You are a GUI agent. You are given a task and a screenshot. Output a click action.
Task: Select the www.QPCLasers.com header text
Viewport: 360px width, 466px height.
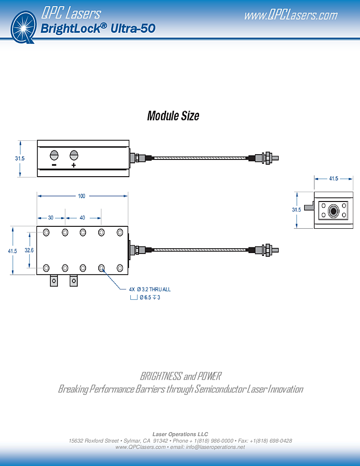290,15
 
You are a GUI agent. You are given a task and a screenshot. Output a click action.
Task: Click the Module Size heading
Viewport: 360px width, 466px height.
173,116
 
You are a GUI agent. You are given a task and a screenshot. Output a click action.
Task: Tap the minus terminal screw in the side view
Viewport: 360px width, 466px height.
54,155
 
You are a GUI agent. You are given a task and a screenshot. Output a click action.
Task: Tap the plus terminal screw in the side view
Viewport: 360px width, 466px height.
74,155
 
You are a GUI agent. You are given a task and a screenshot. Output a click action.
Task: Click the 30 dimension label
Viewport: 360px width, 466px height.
51,218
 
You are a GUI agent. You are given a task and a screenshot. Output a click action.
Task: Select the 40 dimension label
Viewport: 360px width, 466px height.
82,218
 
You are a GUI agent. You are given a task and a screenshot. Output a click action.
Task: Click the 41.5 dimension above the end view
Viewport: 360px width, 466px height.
334,179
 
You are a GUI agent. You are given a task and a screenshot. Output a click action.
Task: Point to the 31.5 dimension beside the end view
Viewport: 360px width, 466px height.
296,210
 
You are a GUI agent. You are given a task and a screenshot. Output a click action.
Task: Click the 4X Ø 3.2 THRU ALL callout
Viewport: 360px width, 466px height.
149,289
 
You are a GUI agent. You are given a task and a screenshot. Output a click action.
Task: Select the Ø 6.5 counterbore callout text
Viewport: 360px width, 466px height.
150,297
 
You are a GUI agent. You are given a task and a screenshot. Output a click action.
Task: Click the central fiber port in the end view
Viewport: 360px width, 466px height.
333,210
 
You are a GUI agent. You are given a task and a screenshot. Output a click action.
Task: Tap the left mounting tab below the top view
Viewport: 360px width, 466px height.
54,281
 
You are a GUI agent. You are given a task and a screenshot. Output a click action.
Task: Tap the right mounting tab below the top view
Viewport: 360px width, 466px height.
74,281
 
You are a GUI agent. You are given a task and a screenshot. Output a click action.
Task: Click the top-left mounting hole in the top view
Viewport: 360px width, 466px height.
46,233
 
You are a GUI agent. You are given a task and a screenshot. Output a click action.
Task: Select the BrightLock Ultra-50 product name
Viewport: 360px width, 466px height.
98,29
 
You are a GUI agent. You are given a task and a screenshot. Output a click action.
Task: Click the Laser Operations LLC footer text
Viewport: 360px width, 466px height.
180,434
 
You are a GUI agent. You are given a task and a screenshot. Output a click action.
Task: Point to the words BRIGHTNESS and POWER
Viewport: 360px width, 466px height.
180,376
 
